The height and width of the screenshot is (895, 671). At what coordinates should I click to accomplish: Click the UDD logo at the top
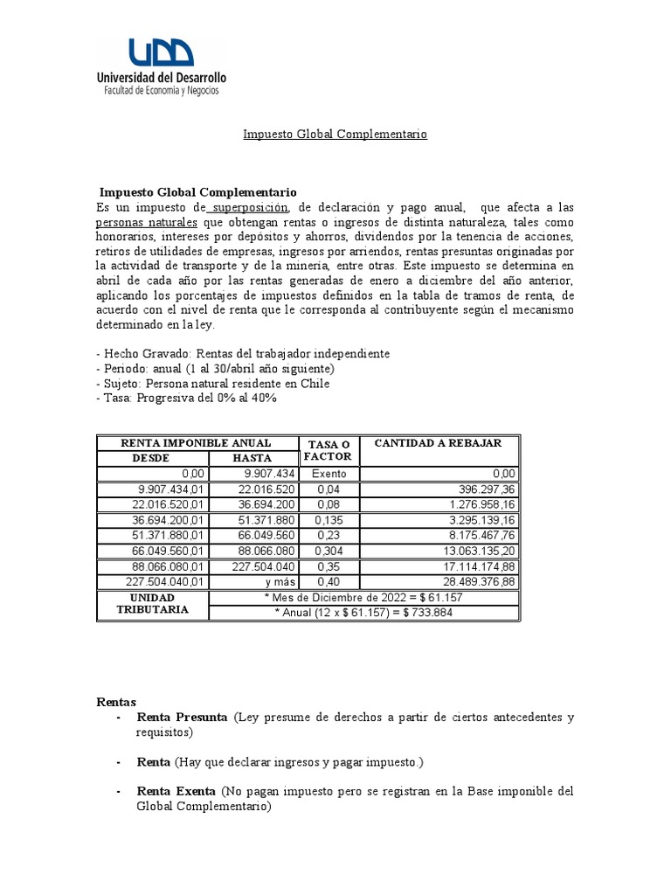click(161, 54)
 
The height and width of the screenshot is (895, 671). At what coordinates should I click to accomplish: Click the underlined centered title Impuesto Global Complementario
click(335, 135)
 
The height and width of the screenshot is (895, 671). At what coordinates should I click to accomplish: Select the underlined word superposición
click(247, 207)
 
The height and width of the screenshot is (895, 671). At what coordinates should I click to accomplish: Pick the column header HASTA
click(252, 458)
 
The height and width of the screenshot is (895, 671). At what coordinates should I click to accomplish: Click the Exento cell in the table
click(329, 473)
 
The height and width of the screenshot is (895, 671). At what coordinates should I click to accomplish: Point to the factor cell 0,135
click(329, 517)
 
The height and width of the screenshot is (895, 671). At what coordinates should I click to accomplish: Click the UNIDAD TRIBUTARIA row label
click(154, 604)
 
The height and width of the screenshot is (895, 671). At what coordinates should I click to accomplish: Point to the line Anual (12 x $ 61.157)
click(363, 612)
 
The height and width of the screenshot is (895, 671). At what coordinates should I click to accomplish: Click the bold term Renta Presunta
click(182, 718)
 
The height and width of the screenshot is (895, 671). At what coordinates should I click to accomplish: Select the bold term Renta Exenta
click(176, 791)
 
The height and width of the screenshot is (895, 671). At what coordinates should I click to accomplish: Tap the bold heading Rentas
click(115, 702)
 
